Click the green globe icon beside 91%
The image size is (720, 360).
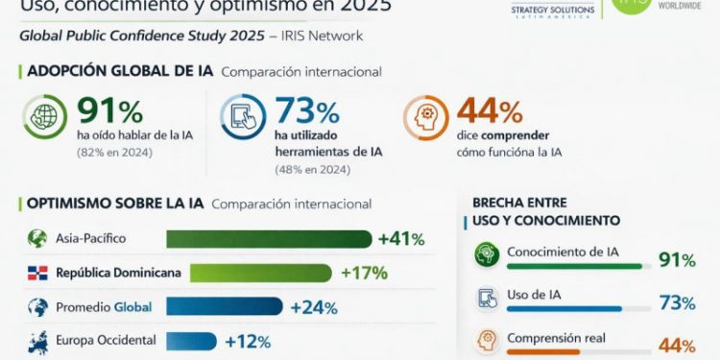pos(45,117)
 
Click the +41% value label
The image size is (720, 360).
pos(400,239)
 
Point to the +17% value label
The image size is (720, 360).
pos(364,273)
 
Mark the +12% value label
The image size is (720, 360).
pos(247,341)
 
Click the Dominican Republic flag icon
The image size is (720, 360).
pos(37,273)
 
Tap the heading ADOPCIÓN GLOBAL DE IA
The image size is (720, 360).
pos(120,71)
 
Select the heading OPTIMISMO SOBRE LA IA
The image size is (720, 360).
pos(115,204)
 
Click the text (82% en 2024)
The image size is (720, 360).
pos(114,150)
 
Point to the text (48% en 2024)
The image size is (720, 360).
pos(313,169)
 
